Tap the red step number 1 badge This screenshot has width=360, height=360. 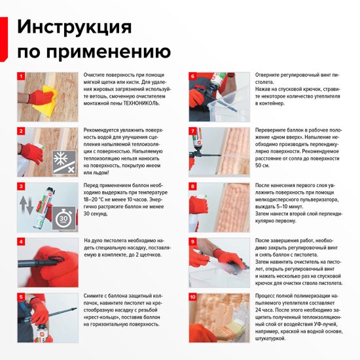pyautogui.click(x=22, y=76)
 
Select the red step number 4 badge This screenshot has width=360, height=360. pyautogui.click(x=22, y=242)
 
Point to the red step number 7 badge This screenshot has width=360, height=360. pyautogui.click(x=193, y=131)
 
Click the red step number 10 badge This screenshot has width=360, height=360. pyautogui.click(x=193, y=297)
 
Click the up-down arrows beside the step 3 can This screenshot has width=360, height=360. pyautogui.click(x=27, y=207)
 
